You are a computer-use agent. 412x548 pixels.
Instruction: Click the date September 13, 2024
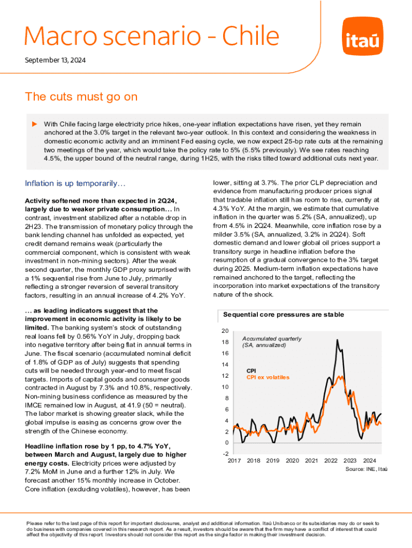[x=55, y=60]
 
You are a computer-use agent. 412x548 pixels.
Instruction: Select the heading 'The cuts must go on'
[x=81, y=97]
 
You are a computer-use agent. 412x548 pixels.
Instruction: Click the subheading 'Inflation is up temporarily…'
[x=75, y=184]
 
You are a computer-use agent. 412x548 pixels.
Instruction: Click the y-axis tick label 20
[x=226, y=331]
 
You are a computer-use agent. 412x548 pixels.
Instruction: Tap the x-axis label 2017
[x=234, y=460]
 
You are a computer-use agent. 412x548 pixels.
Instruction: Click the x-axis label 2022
[x=331, y=460]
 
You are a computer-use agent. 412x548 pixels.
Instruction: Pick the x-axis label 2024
[x=369, y=460]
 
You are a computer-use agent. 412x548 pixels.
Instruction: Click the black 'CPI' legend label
[x=251, y=370]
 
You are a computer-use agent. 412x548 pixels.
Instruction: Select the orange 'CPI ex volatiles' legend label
[x=268, y=377]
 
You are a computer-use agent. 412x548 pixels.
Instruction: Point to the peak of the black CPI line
[x=337, y=340]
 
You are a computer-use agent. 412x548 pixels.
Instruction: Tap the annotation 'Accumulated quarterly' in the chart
[x=271, y=339]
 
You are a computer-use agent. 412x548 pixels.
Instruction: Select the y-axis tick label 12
[x=226, y=376]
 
